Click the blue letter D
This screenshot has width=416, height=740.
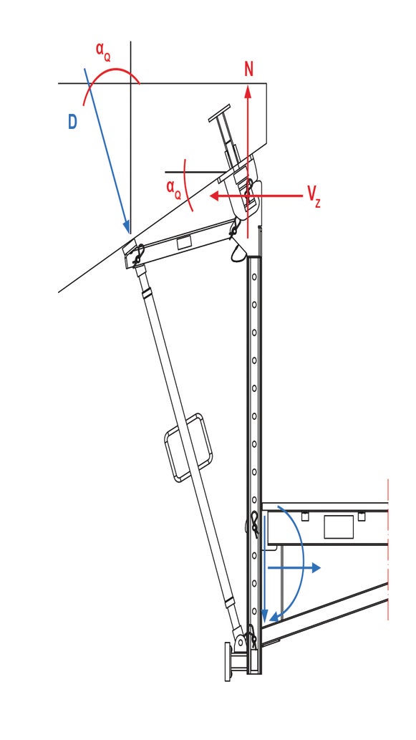tap(72, 122)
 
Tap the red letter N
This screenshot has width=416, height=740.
tap(248, 69)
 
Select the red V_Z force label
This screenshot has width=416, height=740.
tap(313, 195)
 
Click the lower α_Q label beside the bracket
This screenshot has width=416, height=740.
tap(173, 188)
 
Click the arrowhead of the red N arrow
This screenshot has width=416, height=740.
tap(248, 90)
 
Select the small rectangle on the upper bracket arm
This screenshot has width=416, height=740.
tap(184, 242)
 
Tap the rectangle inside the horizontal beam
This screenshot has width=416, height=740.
tap(339, 527)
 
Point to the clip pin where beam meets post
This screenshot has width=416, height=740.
tap(255, 524)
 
